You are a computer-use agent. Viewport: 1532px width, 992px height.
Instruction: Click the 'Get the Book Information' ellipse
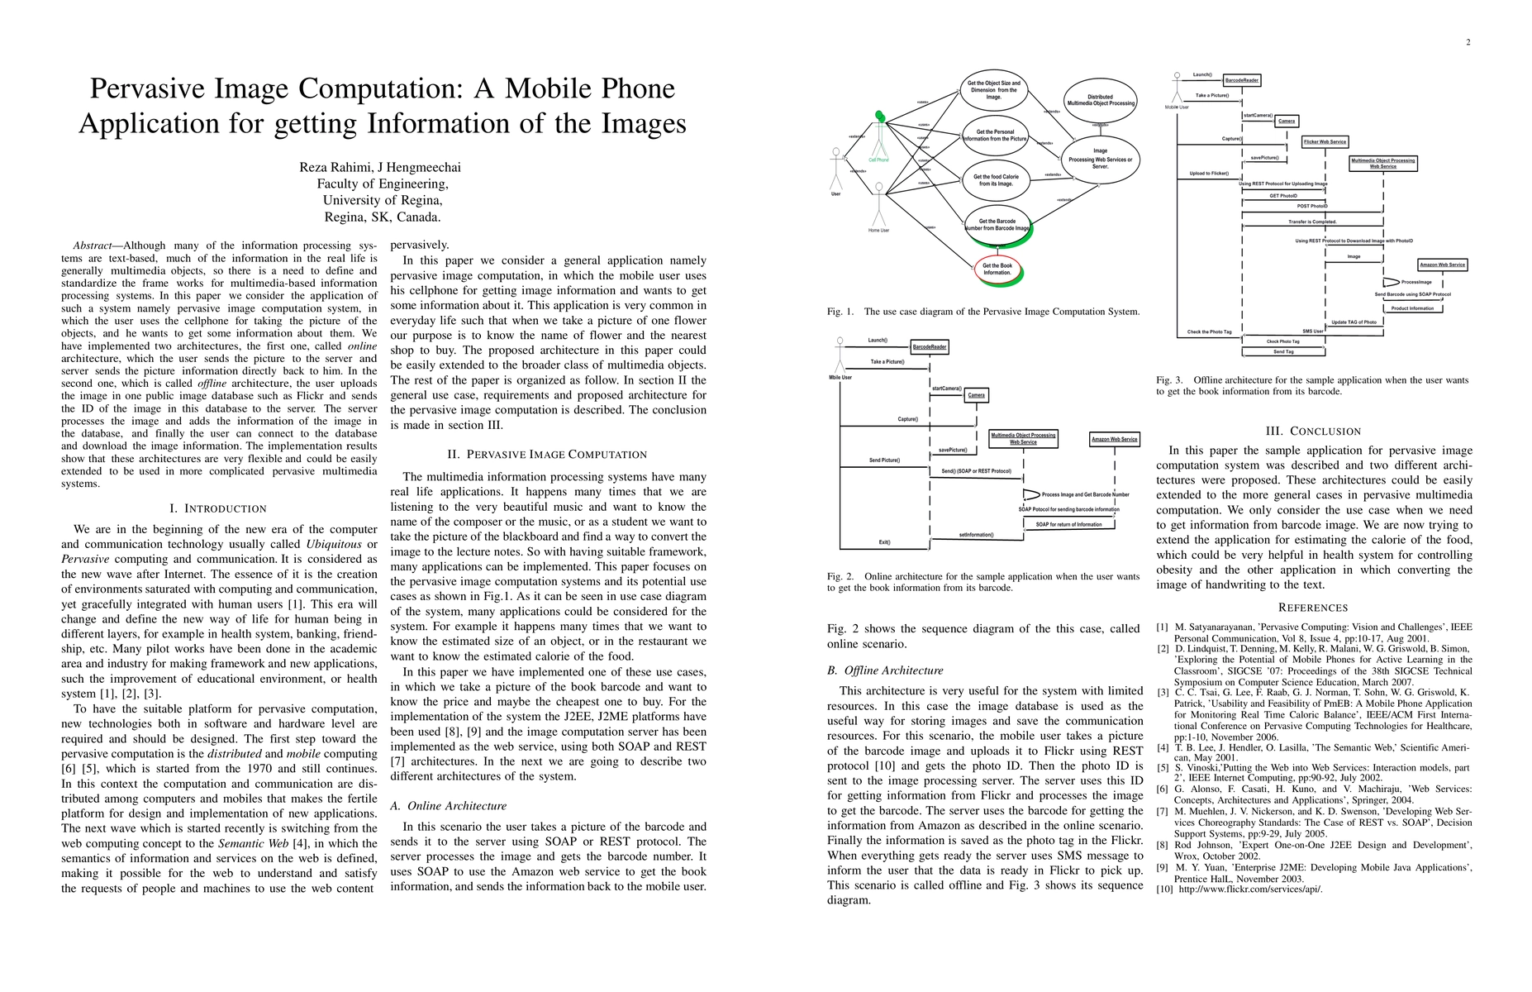(x=997, y=269)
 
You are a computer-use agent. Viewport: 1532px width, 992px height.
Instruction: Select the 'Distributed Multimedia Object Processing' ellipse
(x=1100, y=100)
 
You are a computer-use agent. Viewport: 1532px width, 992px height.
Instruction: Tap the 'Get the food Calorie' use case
(x=996, y=180)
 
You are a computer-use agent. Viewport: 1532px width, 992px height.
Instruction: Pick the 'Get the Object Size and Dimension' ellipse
(x=994, y=89)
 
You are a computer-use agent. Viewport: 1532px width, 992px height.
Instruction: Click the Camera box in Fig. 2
(x=976, y=395)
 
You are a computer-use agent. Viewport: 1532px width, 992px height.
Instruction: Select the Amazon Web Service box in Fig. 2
(x=1115, y=439)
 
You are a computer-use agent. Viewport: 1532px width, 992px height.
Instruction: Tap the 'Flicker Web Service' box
(x=1325, y=141)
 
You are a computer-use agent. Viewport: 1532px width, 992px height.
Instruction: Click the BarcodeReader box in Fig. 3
(x=1242, y=80)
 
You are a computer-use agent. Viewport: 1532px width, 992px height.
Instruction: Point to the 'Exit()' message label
(x=884, y=542)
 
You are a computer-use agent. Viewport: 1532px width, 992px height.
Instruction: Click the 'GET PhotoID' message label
(x=1283, y=196)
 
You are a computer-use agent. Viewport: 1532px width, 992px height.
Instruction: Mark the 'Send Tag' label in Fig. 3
(x=1283, y=351)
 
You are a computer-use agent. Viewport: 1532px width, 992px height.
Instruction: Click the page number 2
(x=1468, y=42)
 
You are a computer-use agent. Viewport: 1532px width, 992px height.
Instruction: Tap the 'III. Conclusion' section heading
(x=1313, y=431)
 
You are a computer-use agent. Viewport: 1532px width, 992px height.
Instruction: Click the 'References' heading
(x=1313, y=608)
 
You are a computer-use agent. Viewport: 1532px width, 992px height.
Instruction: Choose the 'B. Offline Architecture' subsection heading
(x=885, y=670)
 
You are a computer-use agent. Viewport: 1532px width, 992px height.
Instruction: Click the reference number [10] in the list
(x=1164, y=889)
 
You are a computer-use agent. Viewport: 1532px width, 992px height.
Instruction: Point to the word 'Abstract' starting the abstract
(x=92, y=246)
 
